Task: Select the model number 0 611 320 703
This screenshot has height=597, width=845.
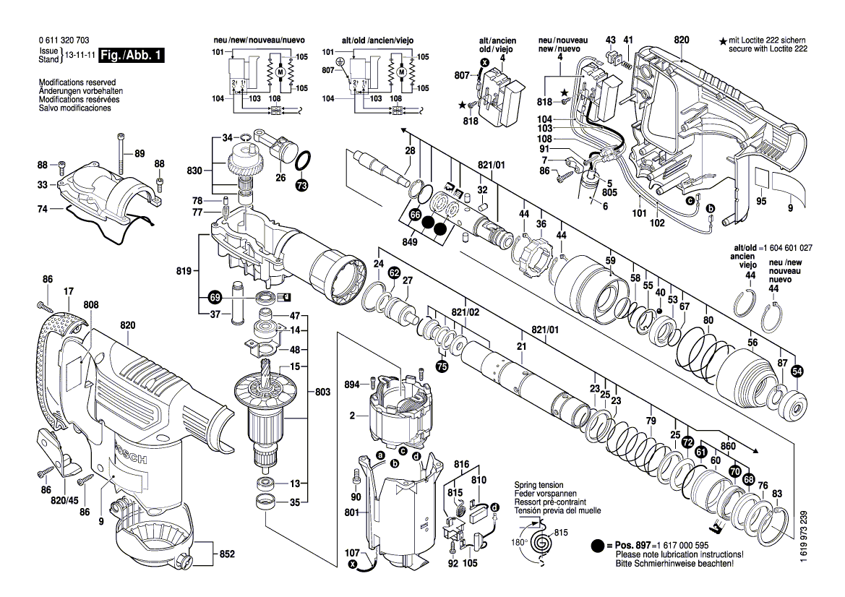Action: point(65,42)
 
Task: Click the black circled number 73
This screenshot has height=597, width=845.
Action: point(301,186)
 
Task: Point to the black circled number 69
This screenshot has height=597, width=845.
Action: point(215,296)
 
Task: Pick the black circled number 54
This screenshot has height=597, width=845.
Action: point(797,371)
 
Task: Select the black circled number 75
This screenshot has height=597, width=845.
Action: point(442,366)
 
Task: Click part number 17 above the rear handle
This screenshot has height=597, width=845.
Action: point(69,292)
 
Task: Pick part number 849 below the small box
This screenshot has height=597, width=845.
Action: point(410,243)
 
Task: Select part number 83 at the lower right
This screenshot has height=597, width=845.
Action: point(777,494)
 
